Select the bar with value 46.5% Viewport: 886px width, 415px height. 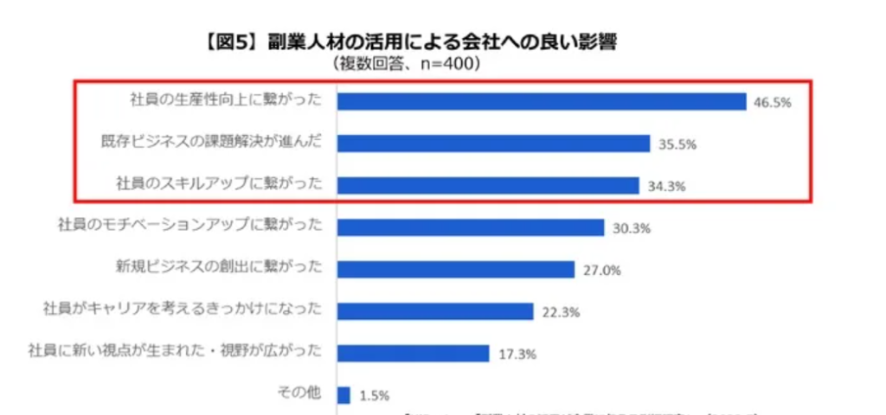point(542,101)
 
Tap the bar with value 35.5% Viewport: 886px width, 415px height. point(493,144)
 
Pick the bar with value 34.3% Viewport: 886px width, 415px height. point(488,185)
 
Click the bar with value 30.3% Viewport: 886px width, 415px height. point(471,227)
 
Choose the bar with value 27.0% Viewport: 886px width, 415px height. point(456,269)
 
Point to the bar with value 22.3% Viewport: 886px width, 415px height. point(435,311)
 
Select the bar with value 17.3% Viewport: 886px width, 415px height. point(414,353)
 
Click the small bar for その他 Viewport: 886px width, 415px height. point(343,395)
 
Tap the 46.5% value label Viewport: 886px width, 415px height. point(773,103)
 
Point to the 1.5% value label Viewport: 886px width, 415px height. point(374,397)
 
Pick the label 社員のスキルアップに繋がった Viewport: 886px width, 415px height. point(219,182)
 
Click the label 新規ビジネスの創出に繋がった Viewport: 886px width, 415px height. point(219,266)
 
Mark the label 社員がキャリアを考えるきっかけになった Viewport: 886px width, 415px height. point(183,309)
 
